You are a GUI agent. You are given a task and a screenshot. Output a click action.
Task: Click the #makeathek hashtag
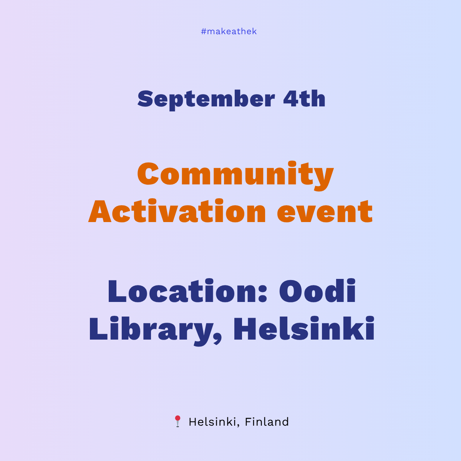pos(229,32)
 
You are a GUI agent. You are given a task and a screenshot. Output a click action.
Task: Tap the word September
pos(206,99)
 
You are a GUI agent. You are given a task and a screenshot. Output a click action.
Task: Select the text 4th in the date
pos(304,99)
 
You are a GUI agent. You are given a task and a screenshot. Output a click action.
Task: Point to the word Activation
pos(177,212)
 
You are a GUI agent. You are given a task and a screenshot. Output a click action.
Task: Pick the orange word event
pos(325,212)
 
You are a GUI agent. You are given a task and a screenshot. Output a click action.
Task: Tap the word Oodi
pos(317,292)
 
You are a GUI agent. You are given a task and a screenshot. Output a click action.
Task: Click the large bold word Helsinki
pos(303,329)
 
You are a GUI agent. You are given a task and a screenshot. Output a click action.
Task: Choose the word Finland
pos(267,422)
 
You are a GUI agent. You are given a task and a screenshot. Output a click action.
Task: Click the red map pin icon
pos(177,421)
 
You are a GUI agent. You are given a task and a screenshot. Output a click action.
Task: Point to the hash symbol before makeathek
pos(204,32)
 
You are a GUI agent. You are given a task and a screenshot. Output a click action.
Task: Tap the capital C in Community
pos(148,174)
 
